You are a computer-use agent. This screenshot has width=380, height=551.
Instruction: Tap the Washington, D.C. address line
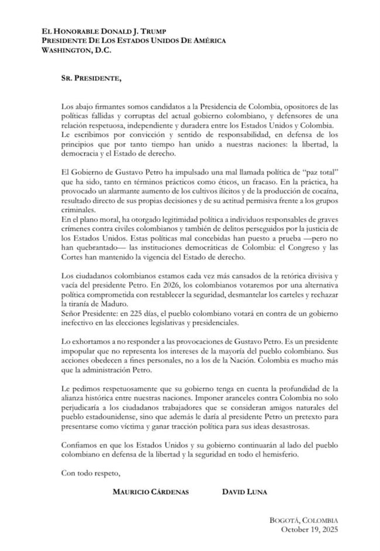pyautogui.click(x=75, y=50)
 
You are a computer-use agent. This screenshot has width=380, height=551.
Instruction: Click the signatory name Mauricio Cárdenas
pyautogui.click(x=150, y=492)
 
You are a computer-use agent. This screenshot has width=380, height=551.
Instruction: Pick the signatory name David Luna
pyautogui.click(x=244, y=492)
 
